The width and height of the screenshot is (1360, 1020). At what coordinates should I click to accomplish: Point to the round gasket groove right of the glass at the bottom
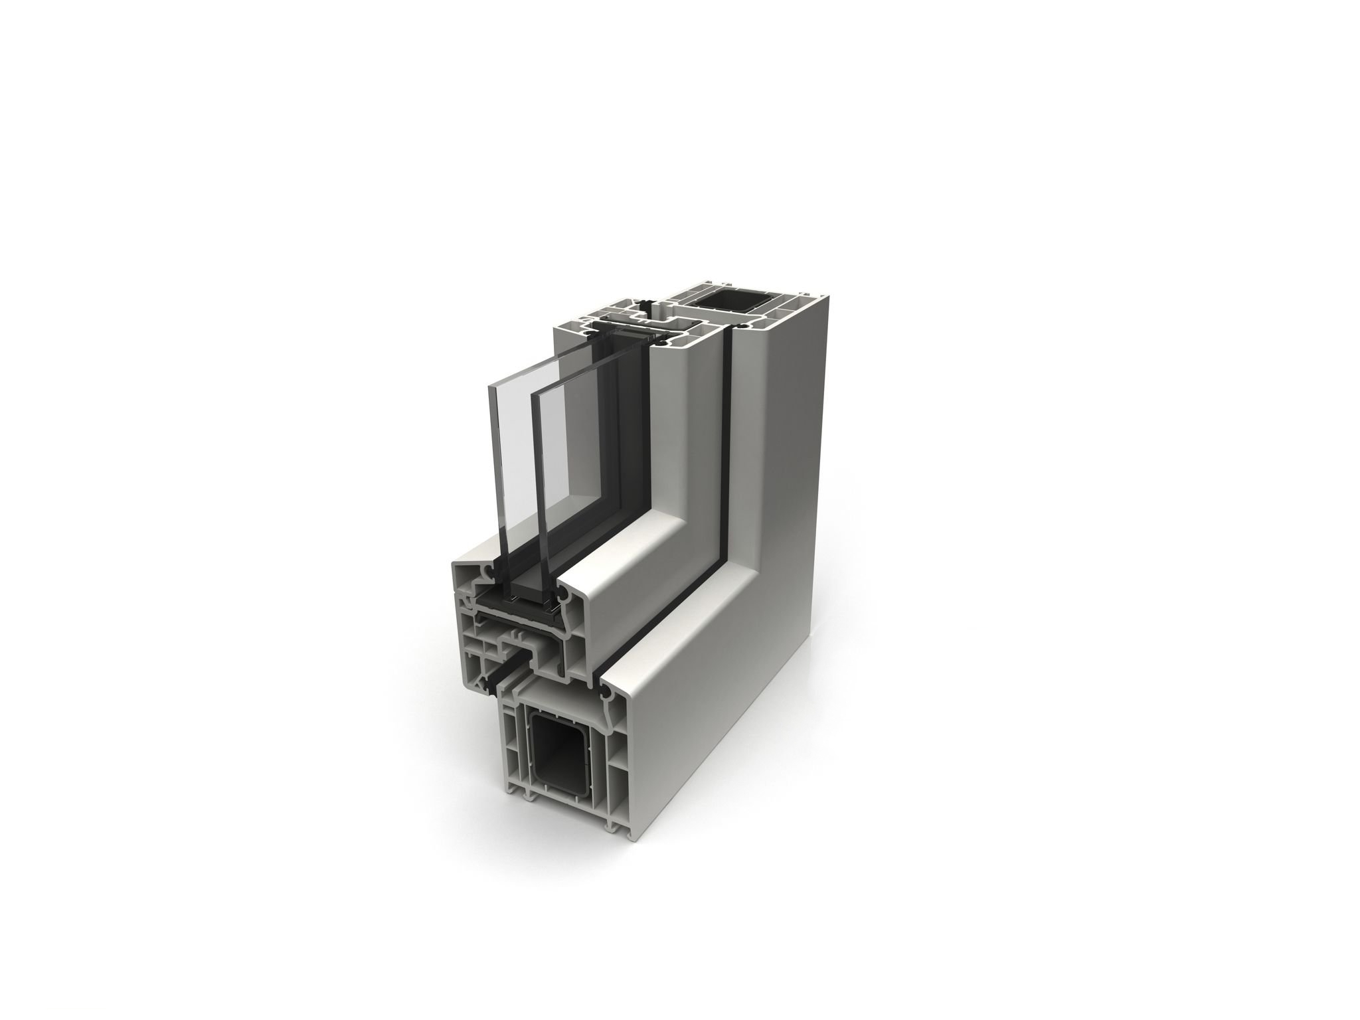[565, 598]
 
